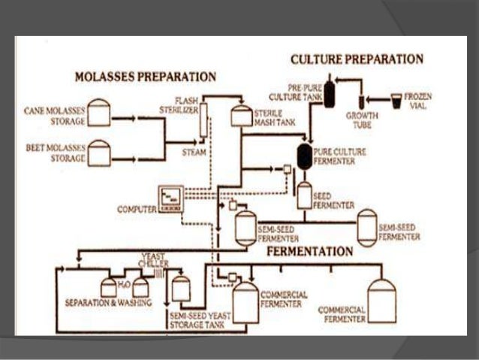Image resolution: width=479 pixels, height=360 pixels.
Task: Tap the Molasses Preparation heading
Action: click(x=145, y=77)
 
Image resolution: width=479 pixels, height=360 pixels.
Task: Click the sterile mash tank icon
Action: click(x=240, y=115)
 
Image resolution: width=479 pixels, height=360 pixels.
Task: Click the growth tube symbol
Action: click(x=362, y=101)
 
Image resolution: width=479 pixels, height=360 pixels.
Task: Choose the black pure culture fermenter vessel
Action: click(x=305, y=156)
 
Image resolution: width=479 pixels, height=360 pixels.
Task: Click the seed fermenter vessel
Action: click(x=304, y=195)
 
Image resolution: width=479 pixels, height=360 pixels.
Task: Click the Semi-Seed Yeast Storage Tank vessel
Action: click(x=180, y=288)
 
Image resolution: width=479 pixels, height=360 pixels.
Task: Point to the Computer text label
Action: click(x=136, y=207)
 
